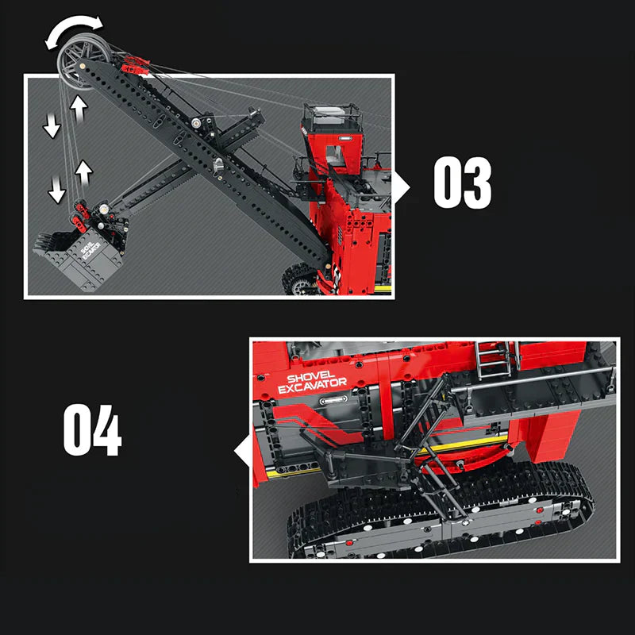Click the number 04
click(92, 430)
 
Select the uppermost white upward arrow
click(79, 106)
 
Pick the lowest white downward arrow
click(56, 190)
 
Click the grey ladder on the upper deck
click(493, 361)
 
